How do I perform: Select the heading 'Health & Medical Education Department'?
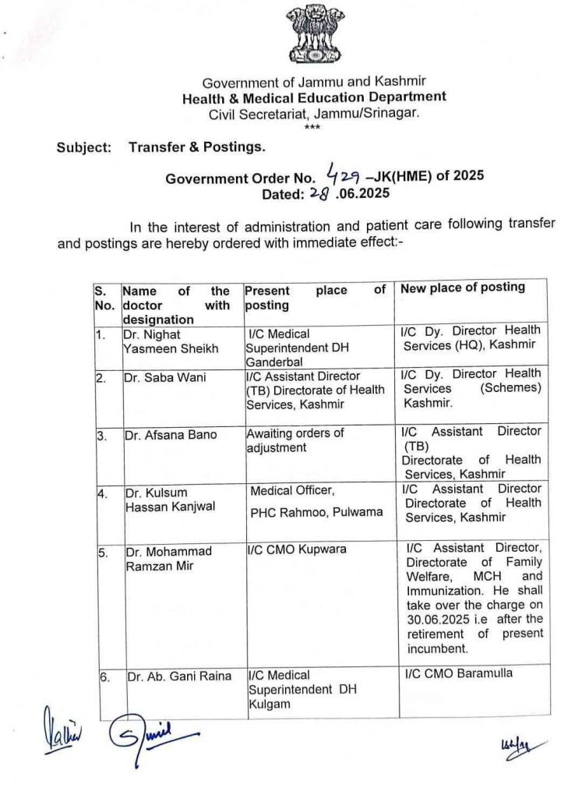tap(314, 98)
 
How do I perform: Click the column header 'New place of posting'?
tap(463, 288)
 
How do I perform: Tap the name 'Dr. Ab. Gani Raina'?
tap(179, 676)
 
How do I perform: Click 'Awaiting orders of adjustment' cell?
tap(295, 440)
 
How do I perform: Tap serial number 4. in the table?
tap(101, 493)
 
